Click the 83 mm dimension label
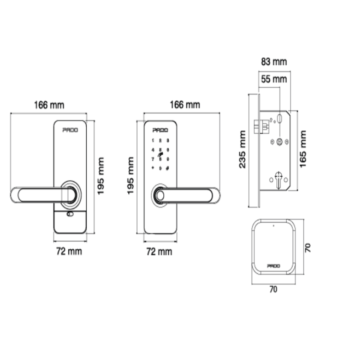coord(274,62)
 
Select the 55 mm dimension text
coord(274,79)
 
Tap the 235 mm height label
coord(243,148)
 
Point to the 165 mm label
coord(303,148)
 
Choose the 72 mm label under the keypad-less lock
coord(69,251)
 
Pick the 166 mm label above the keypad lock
coord(184,105)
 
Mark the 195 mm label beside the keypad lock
coord(131,175)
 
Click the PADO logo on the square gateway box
coord(273,266)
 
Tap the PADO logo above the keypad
coord(160,130)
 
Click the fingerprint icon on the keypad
coord(160,156)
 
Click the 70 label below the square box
coord(273,290)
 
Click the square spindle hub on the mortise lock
coord(279,142)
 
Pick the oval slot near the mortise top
coord(280,118)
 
